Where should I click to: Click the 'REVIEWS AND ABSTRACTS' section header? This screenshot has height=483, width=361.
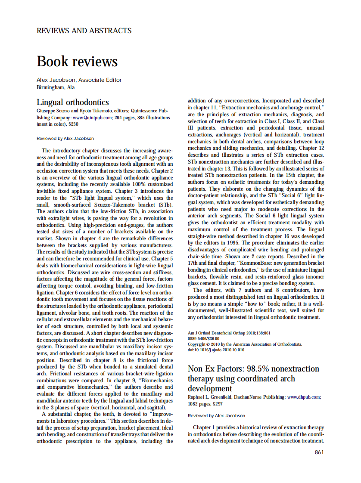pos(84,31)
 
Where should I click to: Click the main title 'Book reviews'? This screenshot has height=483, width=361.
pos(77,61)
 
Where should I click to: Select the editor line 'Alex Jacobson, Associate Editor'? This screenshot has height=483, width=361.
pos(79,80)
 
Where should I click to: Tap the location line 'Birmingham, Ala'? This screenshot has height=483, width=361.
pos(56,87)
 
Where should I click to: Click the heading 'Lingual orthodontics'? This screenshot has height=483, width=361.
pos(72,102)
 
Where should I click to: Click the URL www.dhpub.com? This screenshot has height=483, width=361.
pos(303,396)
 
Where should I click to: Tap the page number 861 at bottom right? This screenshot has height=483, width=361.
pos(319,452)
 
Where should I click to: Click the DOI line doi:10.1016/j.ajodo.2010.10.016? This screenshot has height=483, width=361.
pos(216,350)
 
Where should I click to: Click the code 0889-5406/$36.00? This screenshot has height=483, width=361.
pos(204,339)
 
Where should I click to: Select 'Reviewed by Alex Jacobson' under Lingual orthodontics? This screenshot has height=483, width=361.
pos(65,139)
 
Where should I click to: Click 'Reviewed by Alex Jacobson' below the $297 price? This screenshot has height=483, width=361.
pos(216,416)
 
